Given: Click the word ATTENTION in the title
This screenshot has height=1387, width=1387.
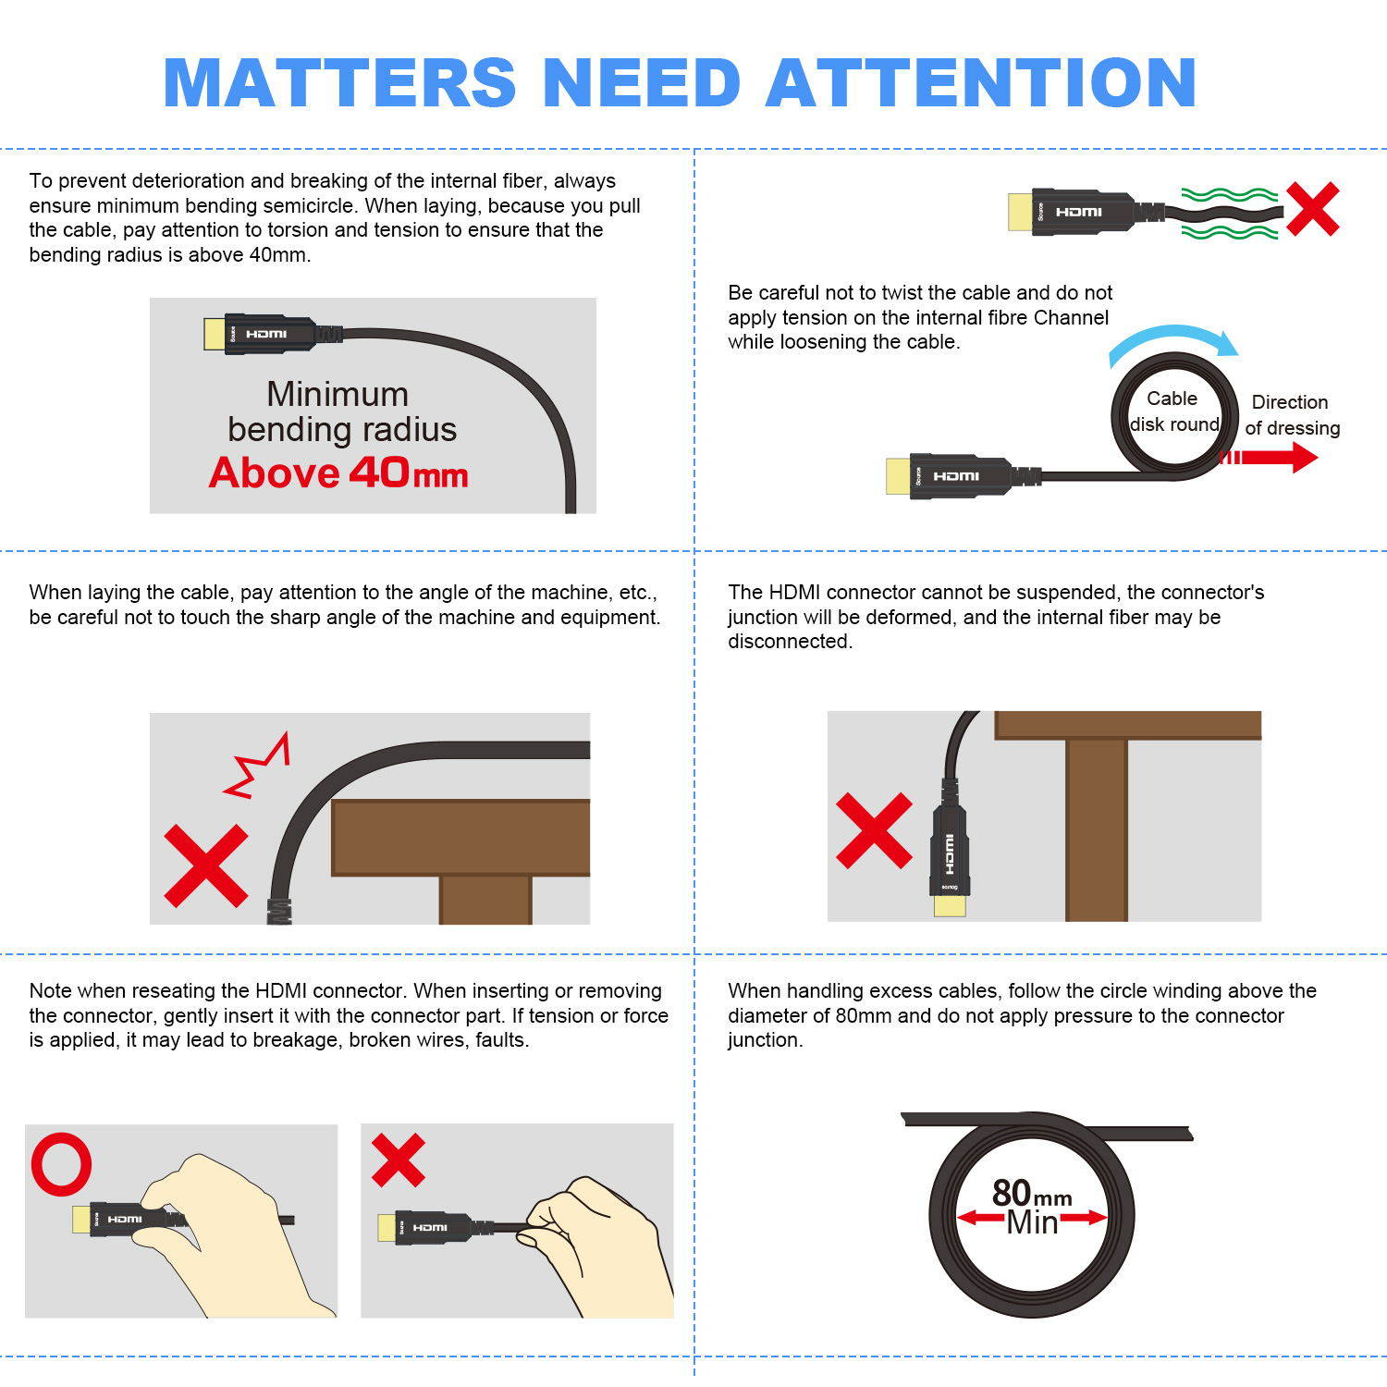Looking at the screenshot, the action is click(x=981, y=83).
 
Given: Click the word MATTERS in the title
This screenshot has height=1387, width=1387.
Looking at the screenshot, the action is click(x=339, y=83).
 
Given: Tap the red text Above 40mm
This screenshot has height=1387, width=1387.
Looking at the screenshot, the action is click(x=338, y=473).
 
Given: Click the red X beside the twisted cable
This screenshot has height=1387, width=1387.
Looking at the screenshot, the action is click(x=1312, y=208).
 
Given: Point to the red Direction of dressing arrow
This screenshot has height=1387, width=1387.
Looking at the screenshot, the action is click(x=1268, y=457).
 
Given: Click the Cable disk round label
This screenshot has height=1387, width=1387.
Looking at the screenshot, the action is click(x=1173, y=411).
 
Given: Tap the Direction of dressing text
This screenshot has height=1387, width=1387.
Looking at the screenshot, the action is click(x=1292, y=415).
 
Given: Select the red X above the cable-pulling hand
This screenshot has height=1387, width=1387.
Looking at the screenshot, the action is click(x=399, y=1160).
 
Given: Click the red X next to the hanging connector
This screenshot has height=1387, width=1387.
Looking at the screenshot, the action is click(x=874, y=830).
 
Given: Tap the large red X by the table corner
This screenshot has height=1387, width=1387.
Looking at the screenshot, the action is click(x=206, y=865).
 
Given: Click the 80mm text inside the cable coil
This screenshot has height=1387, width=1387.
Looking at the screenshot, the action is click(x=1032, y=1194).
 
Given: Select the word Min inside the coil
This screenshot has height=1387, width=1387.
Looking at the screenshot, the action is click(x=1032, y=1222).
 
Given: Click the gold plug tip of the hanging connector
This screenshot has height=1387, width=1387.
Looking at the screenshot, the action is click(x=950, y=905).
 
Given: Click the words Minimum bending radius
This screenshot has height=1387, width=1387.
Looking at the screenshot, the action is click(x=341, y=412).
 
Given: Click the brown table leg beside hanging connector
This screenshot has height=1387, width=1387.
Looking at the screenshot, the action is click(x=1097, y=829).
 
